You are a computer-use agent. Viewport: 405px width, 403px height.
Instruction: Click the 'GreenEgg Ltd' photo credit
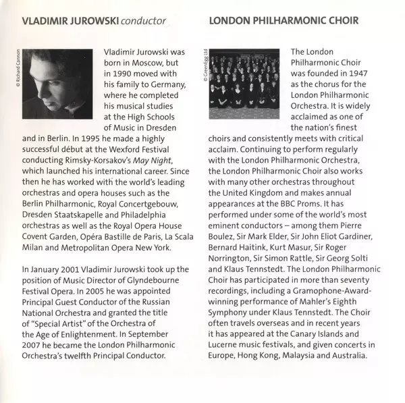coord(204,66)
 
